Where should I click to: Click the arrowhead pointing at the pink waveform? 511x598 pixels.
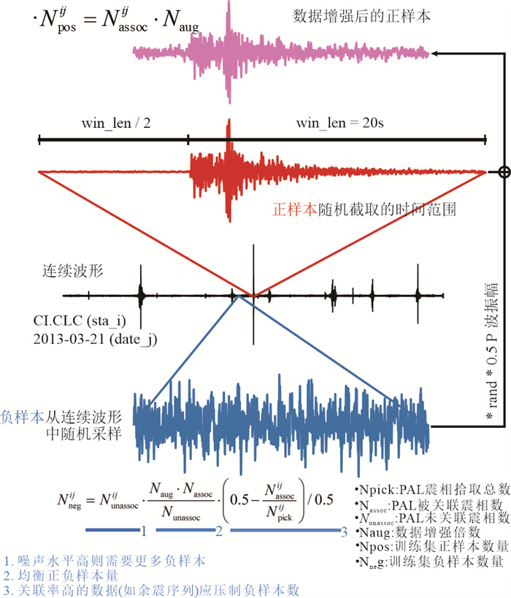(x=436, y=53)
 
